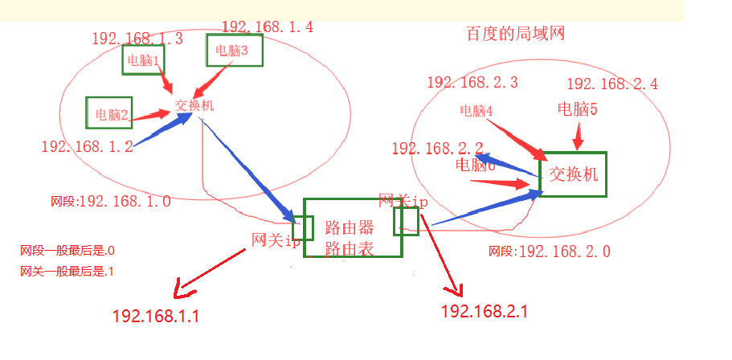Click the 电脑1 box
pos(143,59)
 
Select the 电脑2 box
pos(109,113)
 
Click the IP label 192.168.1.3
pos(137,38)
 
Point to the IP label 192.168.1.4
pos(268,27)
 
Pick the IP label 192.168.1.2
pos(87,146)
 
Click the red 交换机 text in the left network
pos(194,105)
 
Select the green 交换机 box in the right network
pos(573,174)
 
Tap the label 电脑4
pos(476,111)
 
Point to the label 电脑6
pos(475,166)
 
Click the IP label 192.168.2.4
pos(612,84)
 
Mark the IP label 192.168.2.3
pos(472,82)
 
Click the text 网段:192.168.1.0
pos(110,202)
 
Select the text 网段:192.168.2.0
pos(550,252)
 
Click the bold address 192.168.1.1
pos(156,316)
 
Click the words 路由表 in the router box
pos(350,249)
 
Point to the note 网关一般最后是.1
pos(67,272)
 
